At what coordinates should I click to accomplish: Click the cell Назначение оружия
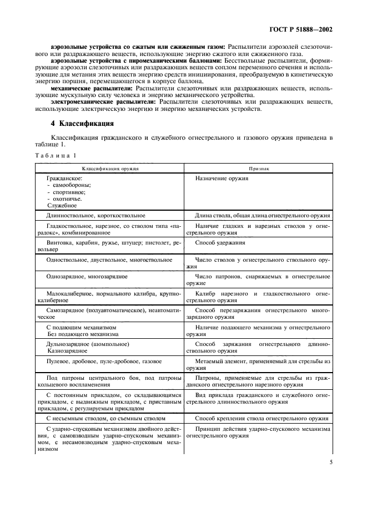[x=222, y=179]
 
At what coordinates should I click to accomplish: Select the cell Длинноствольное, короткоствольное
[x=96, y=215]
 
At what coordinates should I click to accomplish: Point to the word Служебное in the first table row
[x=62, y=205]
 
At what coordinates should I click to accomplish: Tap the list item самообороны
[x=72, y=185]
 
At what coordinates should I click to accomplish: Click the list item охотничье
[x=68, y=199]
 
